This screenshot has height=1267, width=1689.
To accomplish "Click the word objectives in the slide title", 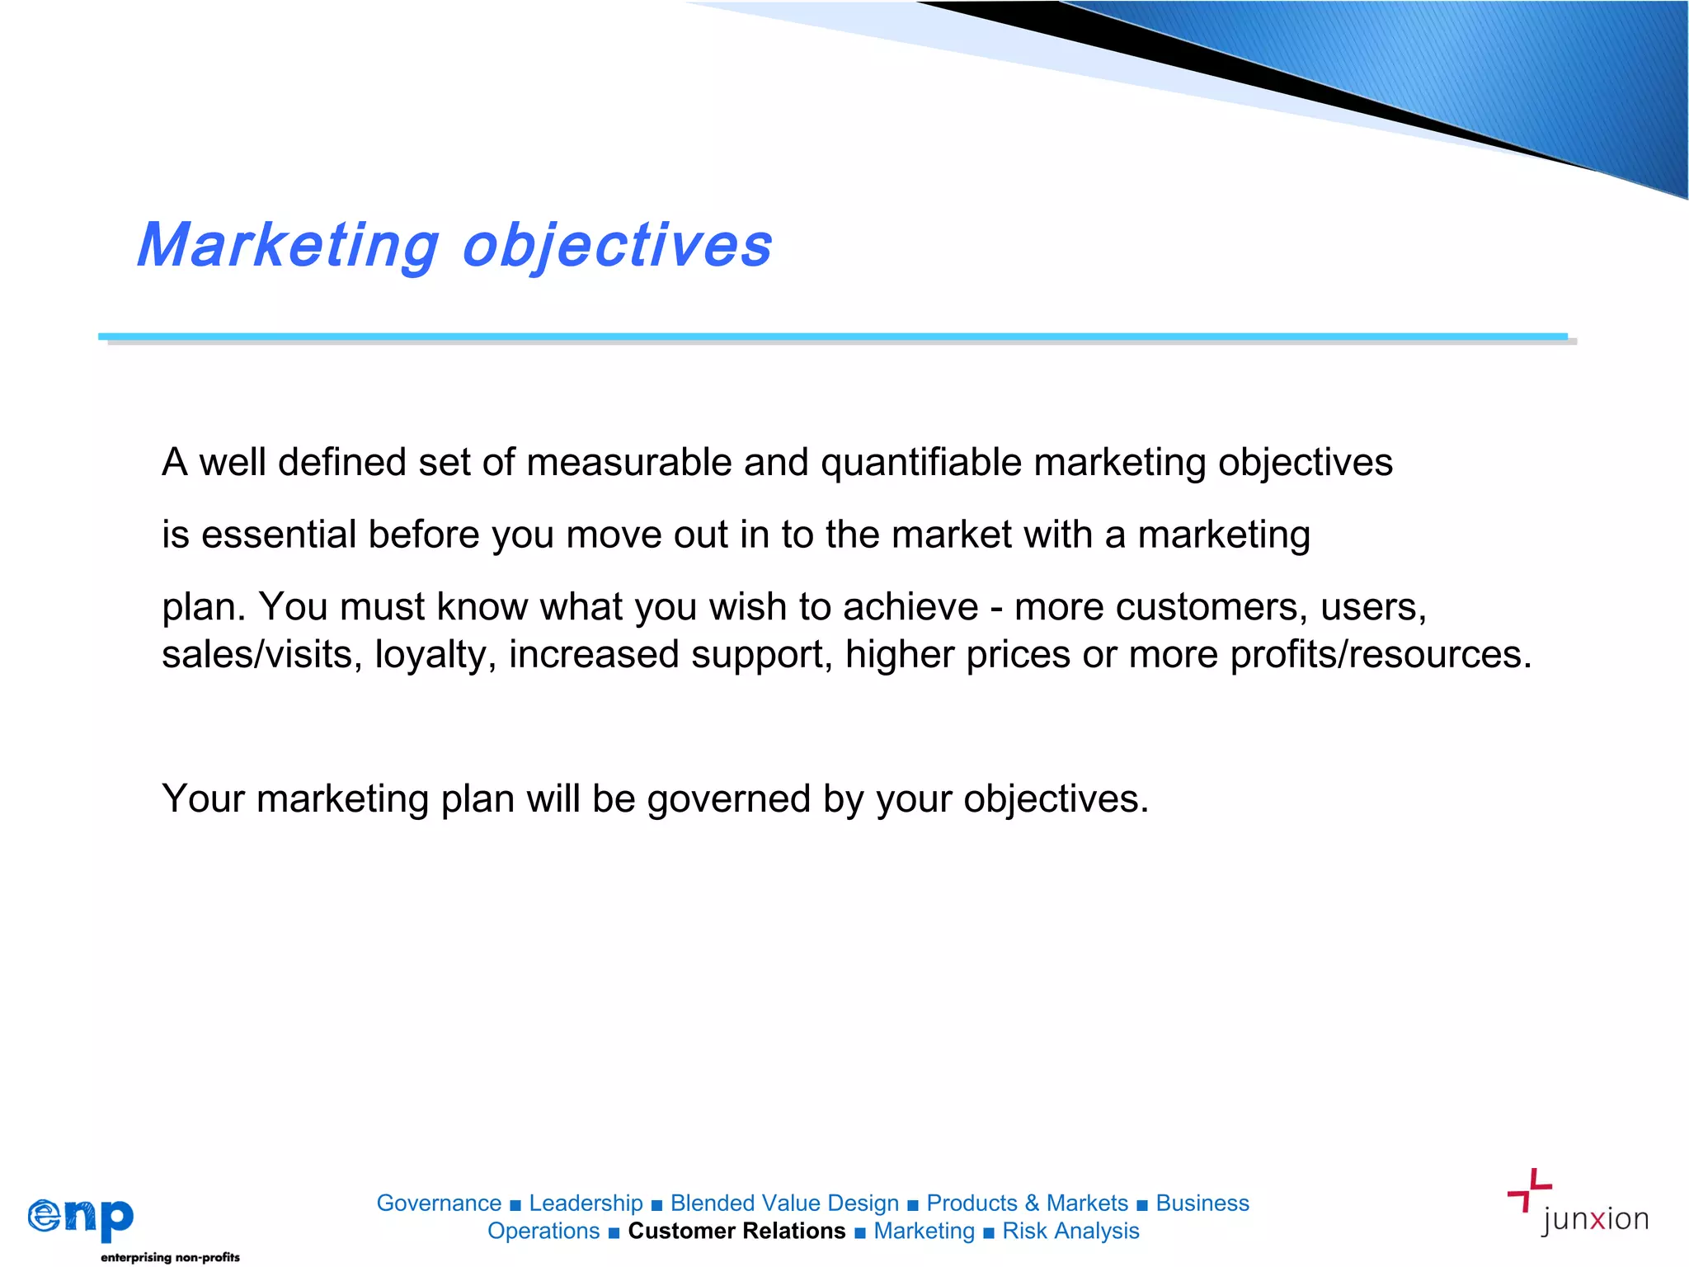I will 617,246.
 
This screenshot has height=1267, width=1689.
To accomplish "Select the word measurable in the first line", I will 629,462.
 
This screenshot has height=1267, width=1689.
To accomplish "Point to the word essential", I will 279,535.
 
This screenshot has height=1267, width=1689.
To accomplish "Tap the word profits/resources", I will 1381,655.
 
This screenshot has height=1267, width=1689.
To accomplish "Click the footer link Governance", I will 439,1203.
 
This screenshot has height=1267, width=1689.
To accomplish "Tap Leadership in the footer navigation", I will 586,1203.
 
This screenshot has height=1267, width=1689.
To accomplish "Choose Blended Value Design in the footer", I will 784,1203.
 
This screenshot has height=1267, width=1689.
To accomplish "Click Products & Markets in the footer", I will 1027,1203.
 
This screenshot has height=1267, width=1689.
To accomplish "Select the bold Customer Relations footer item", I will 736,1232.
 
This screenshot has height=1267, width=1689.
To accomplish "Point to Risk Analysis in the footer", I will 1070,1232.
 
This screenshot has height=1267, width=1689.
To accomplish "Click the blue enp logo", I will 81,1218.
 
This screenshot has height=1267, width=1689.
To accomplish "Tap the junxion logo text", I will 1594,1219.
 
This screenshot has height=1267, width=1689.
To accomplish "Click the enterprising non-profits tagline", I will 170,1257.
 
